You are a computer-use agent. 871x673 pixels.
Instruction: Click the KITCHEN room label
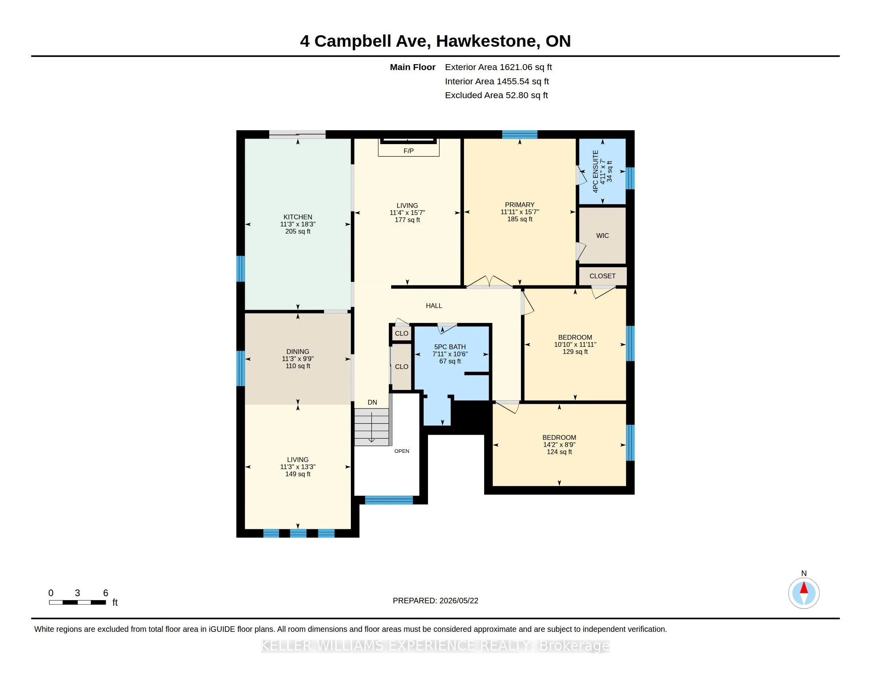point(297,217)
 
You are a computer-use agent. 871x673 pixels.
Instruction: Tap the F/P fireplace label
point(409,151)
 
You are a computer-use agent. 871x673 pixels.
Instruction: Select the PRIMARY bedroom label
point(519,205)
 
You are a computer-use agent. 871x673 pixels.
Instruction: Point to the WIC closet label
point(602,236)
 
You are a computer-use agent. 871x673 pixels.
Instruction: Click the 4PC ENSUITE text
point(595,171)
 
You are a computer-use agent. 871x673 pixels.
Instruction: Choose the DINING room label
point(297,351)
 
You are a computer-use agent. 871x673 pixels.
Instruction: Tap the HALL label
point(434,306)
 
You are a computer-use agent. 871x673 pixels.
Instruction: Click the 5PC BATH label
point(450,347)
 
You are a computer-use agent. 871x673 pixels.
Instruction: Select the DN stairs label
point(372,402)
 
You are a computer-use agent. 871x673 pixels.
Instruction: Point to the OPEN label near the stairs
point(401,451)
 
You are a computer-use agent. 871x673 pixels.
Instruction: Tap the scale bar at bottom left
point(77,603)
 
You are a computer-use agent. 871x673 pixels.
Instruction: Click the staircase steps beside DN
point(372,427)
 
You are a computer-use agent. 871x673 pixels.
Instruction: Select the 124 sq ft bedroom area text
point(559,452)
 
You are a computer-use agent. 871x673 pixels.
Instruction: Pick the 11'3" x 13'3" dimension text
point(297,467)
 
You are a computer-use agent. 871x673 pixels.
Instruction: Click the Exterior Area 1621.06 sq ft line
point(498,67)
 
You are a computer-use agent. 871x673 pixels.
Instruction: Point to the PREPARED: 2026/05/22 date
point(435,601)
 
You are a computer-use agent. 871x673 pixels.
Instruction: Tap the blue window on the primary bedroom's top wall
point(519,134)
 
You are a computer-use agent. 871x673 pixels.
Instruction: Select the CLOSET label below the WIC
point(602,276)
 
